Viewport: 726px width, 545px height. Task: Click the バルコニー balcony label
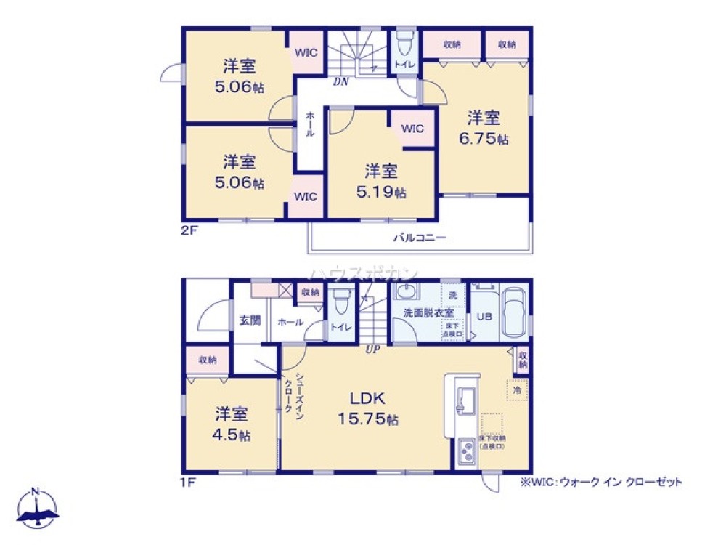click(x=419, y=237)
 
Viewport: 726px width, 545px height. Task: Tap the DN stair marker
click(x=341, y=82)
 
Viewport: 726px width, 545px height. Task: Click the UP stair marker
click(x=372, y=349)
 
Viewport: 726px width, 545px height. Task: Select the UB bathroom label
click(x=483, y=315)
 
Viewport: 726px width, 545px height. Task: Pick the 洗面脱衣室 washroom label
click(x=428, y=312)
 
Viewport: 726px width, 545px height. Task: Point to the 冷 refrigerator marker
click(x=518, y=390)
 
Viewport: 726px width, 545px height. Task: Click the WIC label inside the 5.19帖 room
click(x=412, y=129)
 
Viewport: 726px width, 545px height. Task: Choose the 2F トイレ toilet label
click(x=404, y=65)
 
